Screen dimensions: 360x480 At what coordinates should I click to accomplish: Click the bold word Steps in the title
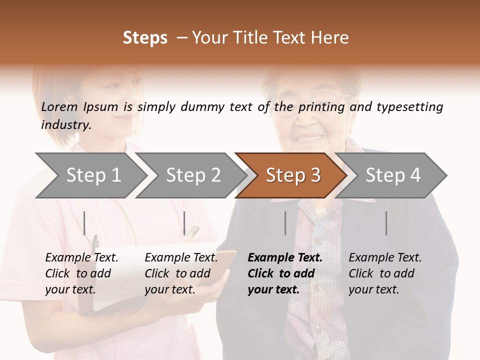coord(145,38)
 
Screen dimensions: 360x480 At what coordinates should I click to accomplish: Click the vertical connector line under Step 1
coord(84,223)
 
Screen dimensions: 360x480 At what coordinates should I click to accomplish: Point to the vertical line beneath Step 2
coord(184,223)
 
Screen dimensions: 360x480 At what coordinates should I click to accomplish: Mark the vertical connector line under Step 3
coord(285,223)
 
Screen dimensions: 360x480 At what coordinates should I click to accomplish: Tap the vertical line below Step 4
coord(386,223)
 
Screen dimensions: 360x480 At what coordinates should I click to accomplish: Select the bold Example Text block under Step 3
coord(285,273)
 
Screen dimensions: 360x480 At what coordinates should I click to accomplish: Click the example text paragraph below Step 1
coord(81,273)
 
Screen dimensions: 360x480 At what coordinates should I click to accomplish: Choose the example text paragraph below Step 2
coord(181,273)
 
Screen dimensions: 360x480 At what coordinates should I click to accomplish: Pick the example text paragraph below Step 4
coord(385,273)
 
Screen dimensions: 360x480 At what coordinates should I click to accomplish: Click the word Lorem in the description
coord(59,107)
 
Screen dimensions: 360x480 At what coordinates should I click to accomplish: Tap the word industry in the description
coord(66,125)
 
